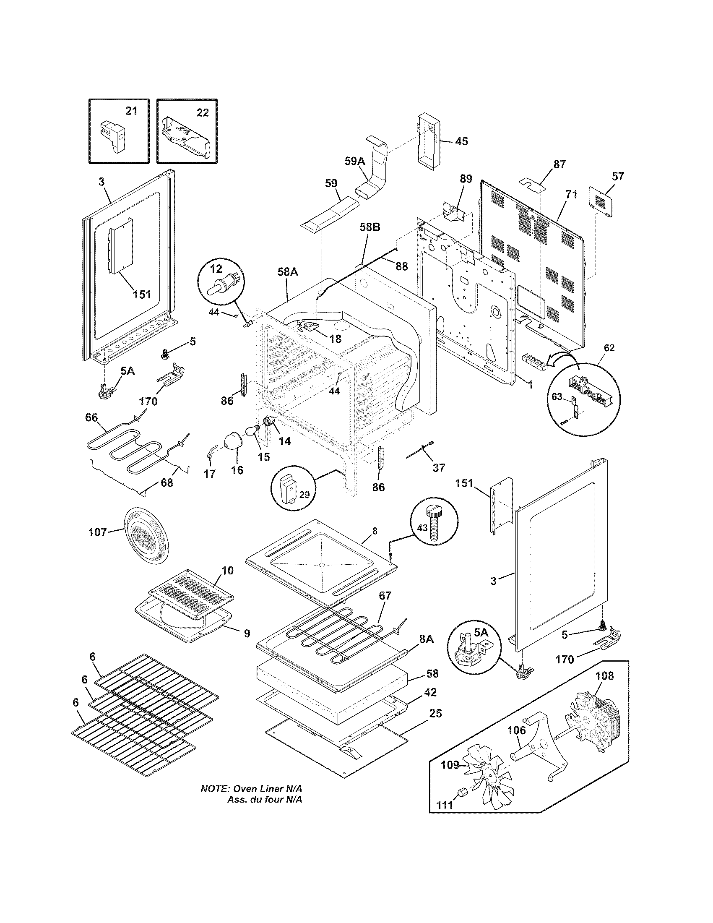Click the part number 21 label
[131, 112]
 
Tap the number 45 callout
[461, 141]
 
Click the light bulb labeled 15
[252, 431]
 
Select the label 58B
[370, 227]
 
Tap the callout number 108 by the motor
[604, 676]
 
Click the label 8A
[426, 651]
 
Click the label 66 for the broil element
[91, 417]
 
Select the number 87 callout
[559, 164]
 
